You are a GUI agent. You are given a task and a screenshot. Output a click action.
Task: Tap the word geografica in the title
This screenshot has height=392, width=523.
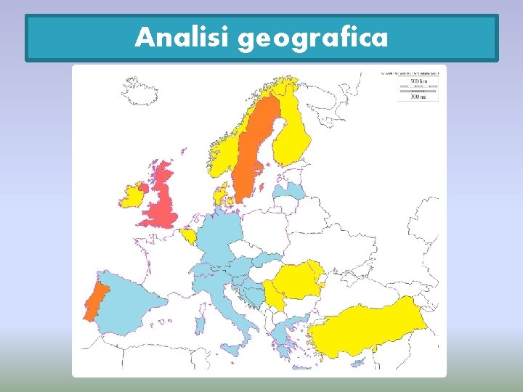click(312, 38)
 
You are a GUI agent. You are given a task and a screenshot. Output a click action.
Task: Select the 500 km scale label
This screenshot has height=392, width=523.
click(417, 81)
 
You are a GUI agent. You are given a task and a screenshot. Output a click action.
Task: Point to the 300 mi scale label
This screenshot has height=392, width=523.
click(417, 97)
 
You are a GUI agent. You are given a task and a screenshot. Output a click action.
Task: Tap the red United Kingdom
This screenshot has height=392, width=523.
click(164, 200)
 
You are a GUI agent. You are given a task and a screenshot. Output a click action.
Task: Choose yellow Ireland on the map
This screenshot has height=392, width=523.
click(133, 195)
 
